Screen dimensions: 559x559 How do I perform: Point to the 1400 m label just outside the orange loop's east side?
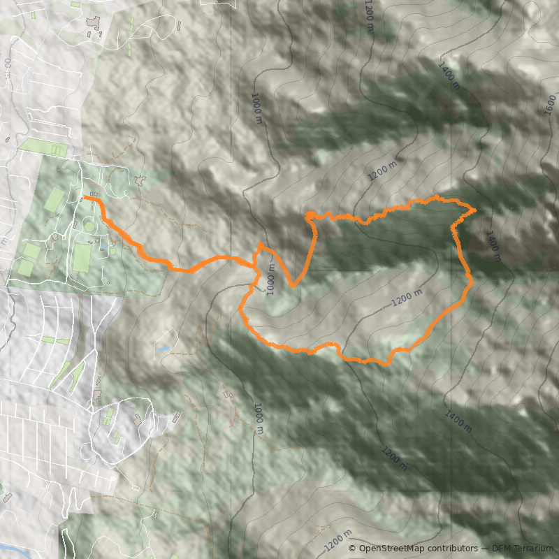click(493, 246)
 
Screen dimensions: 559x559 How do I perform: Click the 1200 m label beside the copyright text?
click(337, 540)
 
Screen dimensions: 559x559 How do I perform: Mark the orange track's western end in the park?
click(85, 199)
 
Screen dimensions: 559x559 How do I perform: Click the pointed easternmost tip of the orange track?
click(476, 209)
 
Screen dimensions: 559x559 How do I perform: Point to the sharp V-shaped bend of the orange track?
click(293, 286)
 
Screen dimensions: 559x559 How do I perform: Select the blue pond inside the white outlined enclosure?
click(163, 348)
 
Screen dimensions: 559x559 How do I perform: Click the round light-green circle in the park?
click(88, 226)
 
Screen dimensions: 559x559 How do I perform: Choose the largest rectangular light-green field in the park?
click(82, 257)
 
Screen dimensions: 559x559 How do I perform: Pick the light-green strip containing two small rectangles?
click(48, 147)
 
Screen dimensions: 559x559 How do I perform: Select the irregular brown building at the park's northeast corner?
click(141, 181)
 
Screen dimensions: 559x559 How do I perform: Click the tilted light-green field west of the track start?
click(55, 200)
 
